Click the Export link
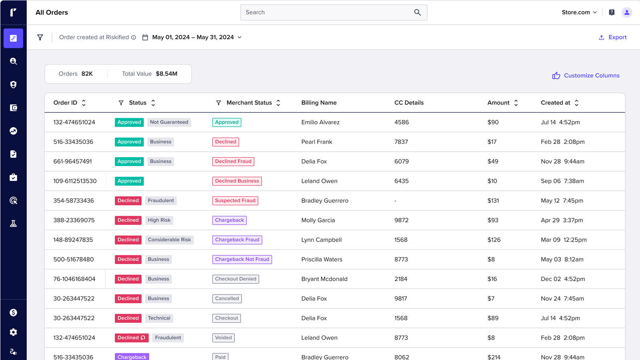pos(613,37)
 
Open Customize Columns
pos(586,76)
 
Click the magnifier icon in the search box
pos(417,12)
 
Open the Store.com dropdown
pos(579,12)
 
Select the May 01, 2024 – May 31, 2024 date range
pos(193,37)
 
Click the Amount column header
pos(498,103)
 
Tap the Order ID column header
pos(65,103)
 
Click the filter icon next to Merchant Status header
pos(218,103)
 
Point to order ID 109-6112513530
pos(75,181)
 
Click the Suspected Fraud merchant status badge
pos(235,200)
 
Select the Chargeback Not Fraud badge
pos(242,259)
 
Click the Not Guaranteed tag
pos(169,122)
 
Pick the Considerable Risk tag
pos(169,240)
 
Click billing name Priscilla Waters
pos(322,259)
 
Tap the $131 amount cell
pos(493,200)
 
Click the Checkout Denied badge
pos(236,279)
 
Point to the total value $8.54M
pos(166,74)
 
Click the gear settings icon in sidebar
pos(13,332)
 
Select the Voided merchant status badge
pos(223,338)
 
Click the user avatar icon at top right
pos(626,12)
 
